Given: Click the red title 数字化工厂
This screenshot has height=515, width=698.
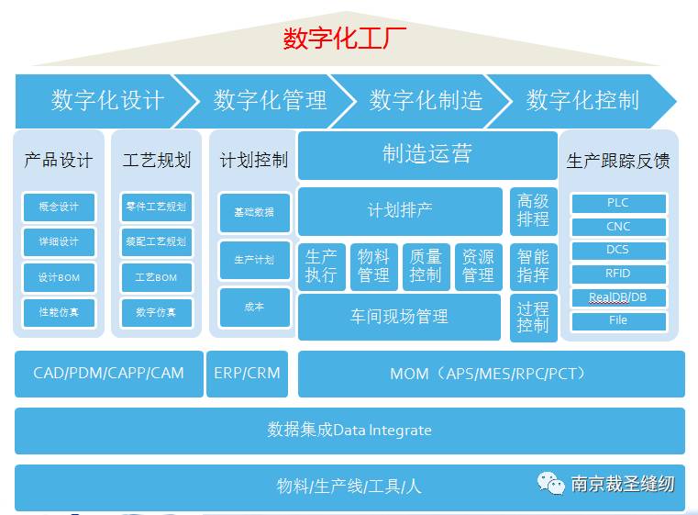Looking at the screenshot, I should point(344,39).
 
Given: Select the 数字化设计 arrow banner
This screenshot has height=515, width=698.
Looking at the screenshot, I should point(106,100).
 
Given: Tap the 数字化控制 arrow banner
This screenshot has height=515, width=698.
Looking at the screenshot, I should point(582,100).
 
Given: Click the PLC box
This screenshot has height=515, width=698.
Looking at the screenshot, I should point(618,203).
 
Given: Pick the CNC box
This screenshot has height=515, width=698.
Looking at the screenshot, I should point(618,227).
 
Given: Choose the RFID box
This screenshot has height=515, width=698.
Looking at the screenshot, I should point(618,274).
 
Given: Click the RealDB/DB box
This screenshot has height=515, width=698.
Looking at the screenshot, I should point(618,297).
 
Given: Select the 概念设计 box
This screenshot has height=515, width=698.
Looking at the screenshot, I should point(58,207).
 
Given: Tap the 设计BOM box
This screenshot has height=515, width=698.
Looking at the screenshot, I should point(58,277).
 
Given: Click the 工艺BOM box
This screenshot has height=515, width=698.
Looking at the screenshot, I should point(156,277).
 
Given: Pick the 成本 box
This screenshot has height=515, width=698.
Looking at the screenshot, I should point(254,307).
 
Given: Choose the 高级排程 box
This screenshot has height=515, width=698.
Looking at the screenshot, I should point(533,210).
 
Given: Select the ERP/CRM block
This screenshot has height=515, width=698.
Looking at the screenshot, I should point(247,374).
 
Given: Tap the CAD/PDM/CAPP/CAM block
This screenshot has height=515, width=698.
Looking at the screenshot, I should point(108,374).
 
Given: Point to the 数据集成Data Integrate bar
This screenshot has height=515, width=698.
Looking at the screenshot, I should point(349,430).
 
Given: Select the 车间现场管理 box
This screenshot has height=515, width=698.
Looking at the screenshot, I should point(399,317).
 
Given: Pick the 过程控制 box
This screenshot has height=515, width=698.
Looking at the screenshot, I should point(533,317).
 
